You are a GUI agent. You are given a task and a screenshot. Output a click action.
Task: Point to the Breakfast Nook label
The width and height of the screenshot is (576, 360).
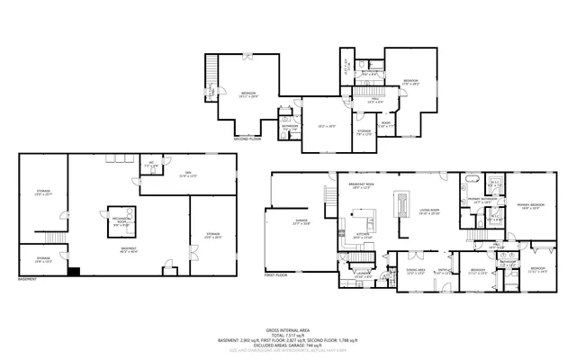pyautogui.click(x=362, y=186)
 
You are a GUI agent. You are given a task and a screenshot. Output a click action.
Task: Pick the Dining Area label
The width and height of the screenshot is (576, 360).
pyautogui.click(x=416, y=270)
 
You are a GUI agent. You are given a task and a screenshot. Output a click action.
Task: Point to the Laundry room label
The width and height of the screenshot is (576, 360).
pyautogui.click(x=364, y=274)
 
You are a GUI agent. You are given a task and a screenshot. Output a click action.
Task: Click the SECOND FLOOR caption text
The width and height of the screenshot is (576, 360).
pyautogui.click(x=247, y=140)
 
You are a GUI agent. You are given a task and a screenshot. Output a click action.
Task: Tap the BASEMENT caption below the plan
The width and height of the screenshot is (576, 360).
pyautogui.click(x=27, y=280)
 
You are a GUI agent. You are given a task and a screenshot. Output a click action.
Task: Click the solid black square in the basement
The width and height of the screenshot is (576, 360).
pyautogui.click(x=73, y=270)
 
